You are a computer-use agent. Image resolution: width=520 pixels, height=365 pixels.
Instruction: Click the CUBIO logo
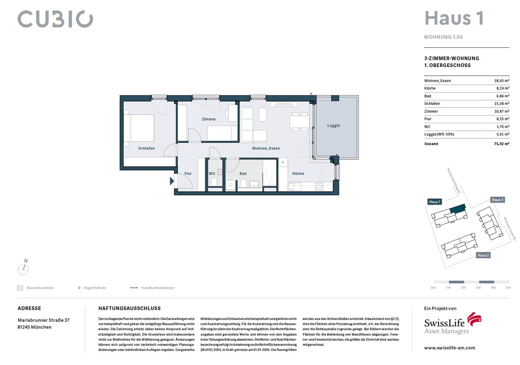pos(55,19)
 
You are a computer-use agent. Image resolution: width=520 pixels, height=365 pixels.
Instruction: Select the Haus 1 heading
pos(454,18)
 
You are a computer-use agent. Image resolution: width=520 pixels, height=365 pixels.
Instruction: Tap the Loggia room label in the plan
pos(333,125)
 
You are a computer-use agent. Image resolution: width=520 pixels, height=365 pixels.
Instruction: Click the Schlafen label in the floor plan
pos(146,148)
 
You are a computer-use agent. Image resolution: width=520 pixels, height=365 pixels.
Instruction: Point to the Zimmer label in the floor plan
pos(209,119)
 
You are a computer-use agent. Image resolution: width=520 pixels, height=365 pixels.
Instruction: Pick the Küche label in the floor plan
pos(298,173)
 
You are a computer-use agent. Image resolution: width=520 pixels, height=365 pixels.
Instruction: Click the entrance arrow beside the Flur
pos(172,181)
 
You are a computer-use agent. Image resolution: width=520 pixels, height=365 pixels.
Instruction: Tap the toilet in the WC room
pos(214,182)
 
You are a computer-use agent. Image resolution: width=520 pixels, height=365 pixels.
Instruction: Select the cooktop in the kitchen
pos(319,187)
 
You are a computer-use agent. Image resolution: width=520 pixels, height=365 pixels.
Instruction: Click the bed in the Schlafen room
pos(139,128)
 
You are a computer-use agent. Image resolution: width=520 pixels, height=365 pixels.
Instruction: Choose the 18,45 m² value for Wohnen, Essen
pos(502,81)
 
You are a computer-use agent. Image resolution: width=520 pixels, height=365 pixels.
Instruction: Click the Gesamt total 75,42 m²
pos(502,144)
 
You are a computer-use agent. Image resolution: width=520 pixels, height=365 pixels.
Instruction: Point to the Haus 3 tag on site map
pos(498,200)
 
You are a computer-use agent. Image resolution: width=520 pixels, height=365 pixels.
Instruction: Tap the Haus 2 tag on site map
pos(483,255)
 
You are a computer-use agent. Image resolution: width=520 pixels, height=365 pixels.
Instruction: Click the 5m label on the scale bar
pos(508,287)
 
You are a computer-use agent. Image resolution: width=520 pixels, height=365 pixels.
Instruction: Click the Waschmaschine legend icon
pos(20,288)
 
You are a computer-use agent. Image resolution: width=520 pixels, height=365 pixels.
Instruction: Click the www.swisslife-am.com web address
pos(449,348)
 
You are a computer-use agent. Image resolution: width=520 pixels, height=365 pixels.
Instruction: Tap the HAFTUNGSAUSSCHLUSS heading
pos(130,308)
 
